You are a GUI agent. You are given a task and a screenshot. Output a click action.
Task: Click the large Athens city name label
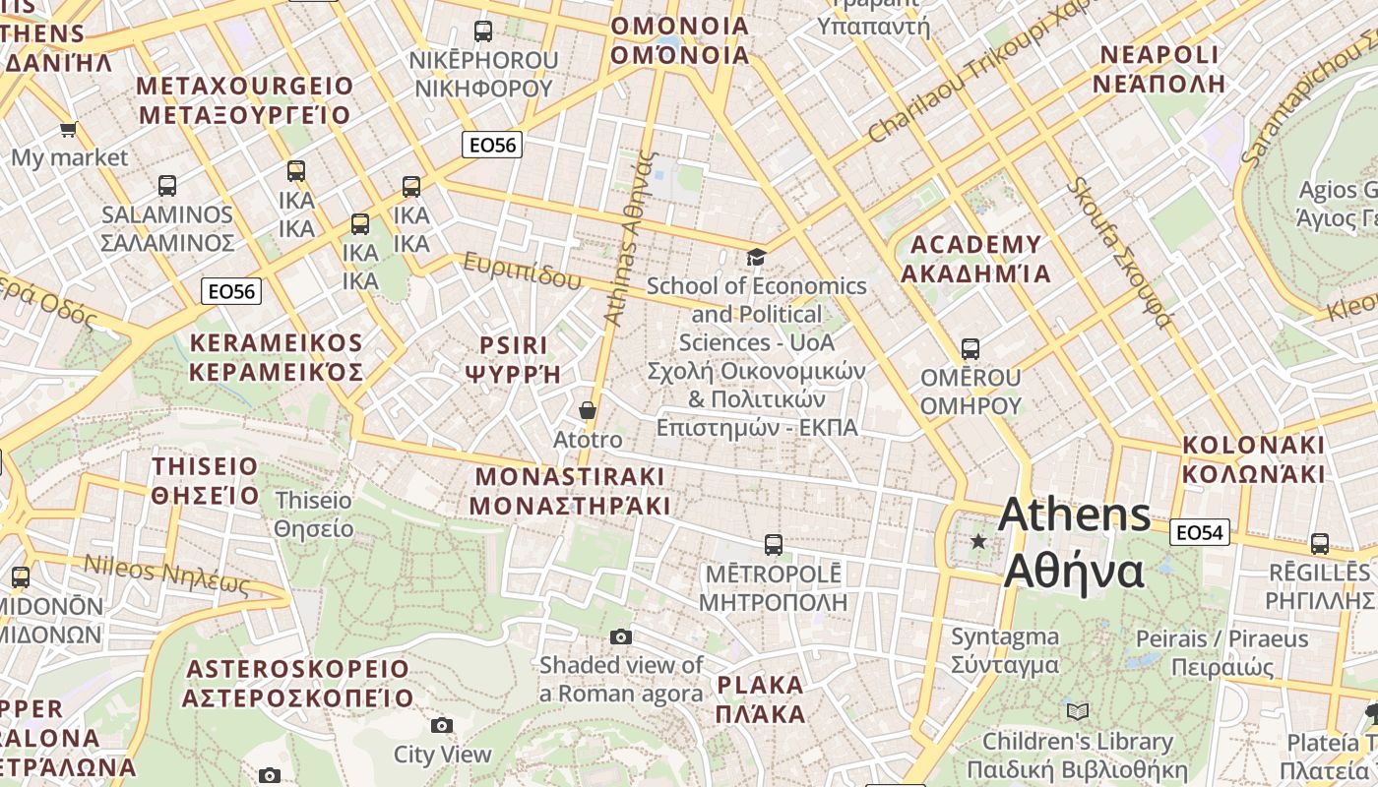click(x=1074, y=542)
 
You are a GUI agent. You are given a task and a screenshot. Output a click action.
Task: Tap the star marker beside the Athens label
click(x=978, y=541)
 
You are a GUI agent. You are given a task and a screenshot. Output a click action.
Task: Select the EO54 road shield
click(x=1200, y=532)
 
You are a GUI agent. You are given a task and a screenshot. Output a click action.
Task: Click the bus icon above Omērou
click(x=971, y=348)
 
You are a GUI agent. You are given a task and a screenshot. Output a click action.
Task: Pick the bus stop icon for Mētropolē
click(x=774, y=544)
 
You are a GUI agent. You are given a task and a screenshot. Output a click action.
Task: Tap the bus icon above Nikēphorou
click(x=483, y=30)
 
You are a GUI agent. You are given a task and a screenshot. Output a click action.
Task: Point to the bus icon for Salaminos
click(x=167, y=185)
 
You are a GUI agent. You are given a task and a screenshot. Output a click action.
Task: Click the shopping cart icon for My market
click(x=69, y=129)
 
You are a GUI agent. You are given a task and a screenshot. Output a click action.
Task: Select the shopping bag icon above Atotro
click(x=588, y=410)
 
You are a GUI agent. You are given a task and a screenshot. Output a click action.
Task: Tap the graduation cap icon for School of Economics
click(x=756, y=257)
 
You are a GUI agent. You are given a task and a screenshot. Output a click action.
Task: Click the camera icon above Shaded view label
click(x=620, y=636)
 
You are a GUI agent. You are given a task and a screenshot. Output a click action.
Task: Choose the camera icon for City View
click(x=442, y=725)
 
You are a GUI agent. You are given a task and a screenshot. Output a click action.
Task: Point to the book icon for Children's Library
click(x=1078, y=711)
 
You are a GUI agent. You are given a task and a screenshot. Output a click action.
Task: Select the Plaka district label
click(x=761, y=699)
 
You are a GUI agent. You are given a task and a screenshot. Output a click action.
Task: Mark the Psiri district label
click(x=513, y=359)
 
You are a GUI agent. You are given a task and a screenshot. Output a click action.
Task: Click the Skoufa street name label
click(x=1122, y=252)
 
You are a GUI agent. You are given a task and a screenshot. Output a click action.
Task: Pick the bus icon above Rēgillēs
click(x=1319, y=543)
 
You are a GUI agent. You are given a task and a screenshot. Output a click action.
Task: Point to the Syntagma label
click(x=1005, y=650)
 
